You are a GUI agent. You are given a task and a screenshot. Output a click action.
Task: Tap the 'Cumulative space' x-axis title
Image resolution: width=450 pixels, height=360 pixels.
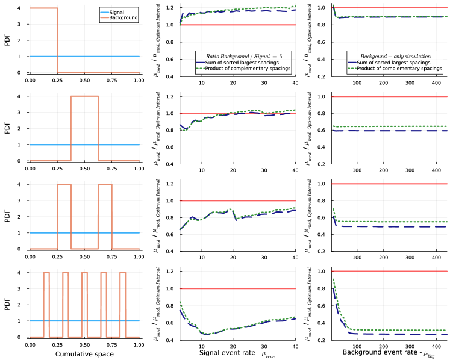click(84, 354)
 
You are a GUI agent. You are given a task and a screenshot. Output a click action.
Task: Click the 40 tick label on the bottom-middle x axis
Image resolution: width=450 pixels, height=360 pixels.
click(295, 345)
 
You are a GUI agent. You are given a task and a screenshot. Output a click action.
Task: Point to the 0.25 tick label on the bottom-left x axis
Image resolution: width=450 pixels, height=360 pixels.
click(57, 345)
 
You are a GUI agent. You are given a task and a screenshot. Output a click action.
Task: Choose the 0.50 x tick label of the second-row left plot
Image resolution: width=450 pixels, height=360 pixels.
click(84, 169)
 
